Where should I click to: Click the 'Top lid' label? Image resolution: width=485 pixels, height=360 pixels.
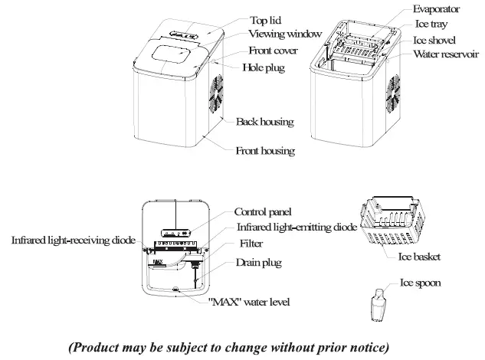coord(267,19)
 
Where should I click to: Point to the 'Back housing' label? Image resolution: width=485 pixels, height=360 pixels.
coord(265,122)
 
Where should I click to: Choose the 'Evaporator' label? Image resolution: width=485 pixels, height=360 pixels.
coord(437,9)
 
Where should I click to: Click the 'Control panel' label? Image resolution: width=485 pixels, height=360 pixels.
coord(263,211)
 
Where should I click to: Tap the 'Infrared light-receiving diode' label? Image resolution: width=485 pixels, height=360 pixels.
coord(73,240)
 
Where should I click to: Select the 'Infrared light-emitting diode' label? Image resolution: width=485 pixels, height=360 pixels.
coord(297,227)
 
